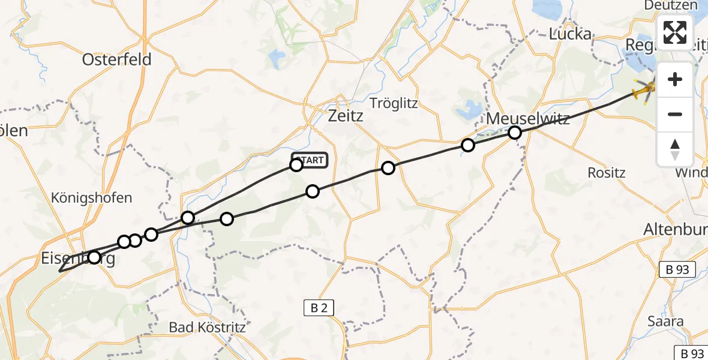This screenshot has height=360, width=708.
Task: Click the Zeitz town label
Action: coord(346,116)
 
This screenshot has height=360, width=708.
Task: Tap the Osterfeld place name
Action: coord(116,59)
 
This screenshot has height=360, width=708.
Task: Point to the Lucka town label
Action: coord(570,34)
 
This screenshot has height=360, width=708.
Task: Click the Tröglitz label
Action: coord(393,103)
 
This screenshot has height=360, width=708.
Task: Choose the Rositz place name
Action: coord(606,173)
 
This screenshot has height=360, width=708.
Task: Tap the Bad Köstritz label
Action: coord(207,328)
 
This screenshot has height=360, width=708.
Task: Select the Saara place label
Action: coord(665,321)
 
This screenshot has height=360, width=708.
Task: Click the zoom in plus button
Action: coord(675,79)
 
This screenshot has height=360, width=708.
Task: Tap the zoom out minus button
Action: coord(675,114)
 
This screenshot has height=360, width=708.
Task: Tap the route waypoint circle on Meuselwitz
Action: coord(515,133)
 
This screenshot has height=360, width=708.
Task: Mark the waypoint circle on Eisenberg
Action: coord(94,257)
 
